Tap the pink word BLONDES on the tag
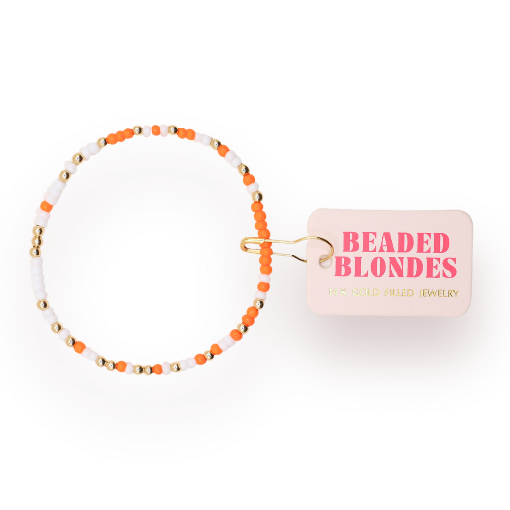click(395, 267)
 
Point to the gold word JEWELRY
click(439, 293)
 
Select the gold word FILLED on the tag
click(399, 293)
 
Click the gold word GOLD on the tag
click(366, 292)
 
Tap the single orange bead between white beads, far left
click(46, 206)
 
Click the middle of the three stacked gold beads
click(38, 242)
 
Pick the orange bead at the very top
click(156, 130)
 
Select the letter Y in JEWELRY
click(455, 294)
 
